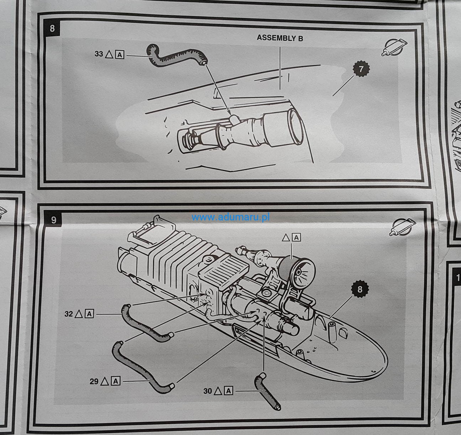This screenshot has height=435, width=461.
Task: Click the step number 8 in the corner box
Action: (x=52, y=28)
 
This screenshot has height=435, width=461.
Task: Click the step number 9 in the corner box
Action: (x=53, y=220)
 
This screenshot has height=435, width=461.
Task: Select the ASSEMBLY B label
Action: (x=280, y=38)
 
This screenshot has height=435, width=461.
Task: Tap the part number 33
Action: (x=99, y=54)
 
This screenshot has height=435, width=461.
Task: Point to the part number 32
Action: (x=69, y=314)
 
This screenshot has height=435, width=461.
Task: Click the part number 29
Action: (x=94, y=381)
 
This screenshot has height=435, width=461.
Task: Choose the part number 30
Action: (x=208, y=391)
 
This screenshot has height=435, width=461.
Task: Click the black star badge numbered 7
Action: (x=361, y=69)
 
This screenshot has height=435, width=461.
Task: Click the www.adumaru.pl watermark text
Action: (x=230, y=217)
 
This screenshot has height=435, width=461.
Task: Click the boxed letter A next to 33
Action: (x=120, y=54)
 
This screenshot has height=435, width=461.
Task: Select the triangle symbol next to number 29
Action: (x=105, y=381)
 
